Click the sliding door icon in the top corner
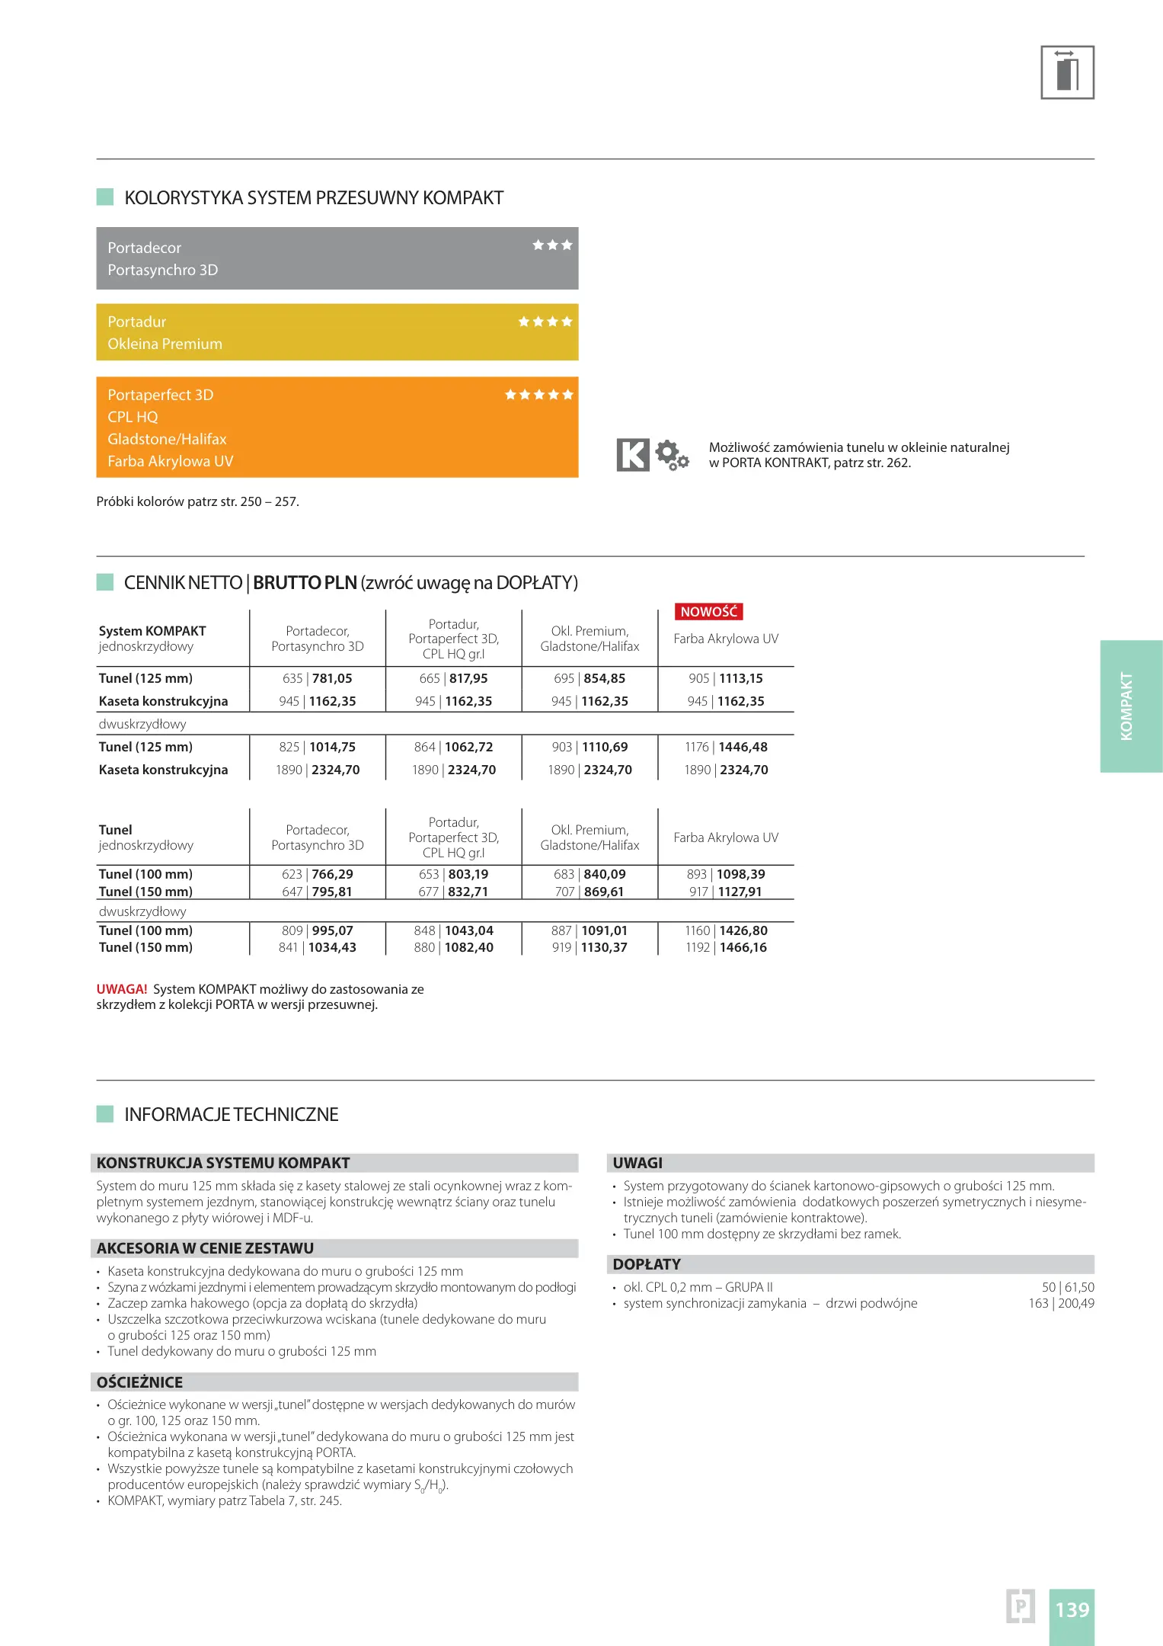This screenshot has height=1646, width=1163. coord(1067,72)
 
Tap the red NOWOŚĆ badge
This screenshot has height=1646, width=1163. coord(708,612)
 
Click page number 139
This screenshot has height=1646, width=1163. coord(1072,1609)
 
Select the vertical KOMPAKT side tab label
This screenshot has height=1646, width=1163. coord(1126,706)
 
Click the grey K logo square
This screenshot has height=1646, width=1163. coord(632,455)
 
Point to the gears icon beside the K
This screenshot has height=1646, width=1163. coord(672,455)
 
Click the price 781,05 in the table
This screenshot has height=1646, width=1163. coord(332,678)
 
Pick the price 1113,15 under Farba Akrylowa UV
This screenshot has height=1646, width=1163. coord(740,678)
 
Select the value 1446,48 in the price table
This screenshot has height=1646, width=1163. coord(743,747)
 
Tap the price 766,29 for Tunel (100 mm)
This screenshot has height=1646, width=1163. coord(332,874)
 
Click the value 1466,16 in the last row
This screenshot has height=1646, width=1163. coord(743,947)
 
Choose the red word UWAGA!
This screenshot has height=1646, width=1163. coord(122,989)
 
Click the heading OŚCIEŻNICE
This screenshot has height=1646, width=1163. coord(140,1382)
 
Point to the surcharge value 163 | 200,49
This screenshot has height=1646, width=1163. coord(1061,1303)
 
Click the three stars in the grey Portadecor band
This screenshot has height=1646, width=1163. coord(552,245)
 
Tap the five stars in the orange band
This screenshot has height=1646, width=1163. coord(539,395)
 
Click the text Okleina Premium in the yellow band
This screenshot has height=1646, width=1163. coord(165,344)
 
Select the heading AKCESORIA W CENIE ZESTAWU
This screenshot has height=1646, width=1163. coord(206,1248)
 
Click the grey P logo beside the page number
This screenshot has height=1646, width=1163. coord(1020,1606)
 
